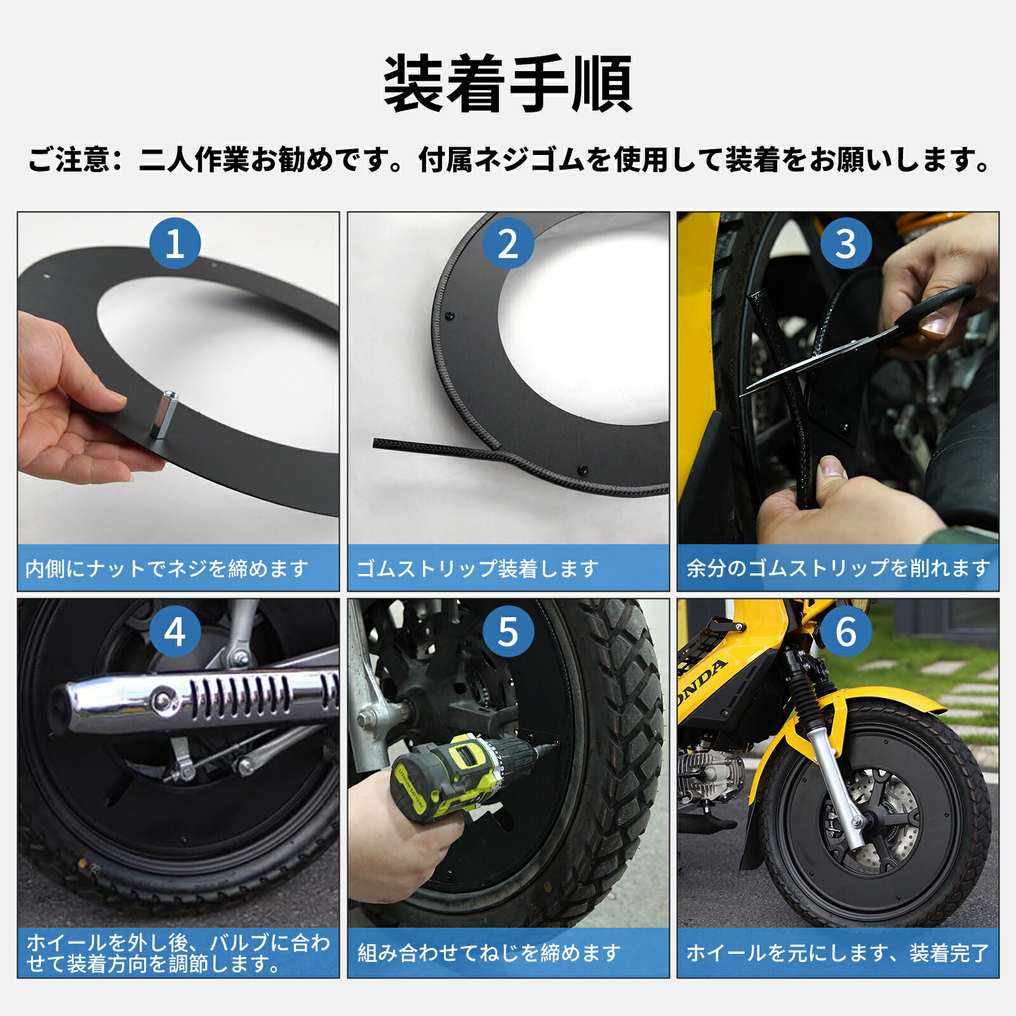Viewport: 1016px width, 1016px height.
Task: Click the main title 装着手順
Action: click(x=508, y=84)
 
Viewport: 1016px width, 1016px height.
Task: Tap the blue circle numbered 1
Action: click(x=175, y=243)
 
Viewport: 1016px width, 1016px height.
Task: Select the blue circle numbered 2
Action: click(x=507, y=243)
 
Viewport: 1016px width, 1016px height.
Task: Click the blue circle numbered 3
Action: click(x=846, y=243)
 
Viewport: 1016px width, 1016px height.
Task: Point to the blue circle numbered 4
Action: click(x=175, y=632)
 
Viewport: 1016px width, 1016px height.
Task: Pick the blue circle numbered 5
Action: click(x=507, y=632)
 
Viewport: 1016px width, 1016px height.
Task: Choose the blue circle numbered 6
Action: click(x=846, y=632)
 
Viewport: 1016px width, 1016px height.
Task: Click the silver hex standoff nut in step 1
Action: click(x=163, y=416)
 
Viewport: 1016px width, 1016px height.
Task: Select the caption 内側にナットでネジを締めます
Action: click(x=167, y=568)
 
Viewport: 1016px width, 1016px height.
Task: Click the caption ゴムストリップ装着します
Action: click(x=477, y=568)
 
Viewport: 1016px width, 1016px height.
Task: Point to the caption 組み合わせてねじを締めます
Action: click(x=489, y=952)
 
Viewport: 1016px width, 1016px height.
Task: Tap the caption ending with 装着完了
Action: click(x=838, y=952)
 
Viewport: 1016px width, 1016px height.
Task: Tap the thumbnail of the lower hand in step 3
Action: click(x=832, y=468)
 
